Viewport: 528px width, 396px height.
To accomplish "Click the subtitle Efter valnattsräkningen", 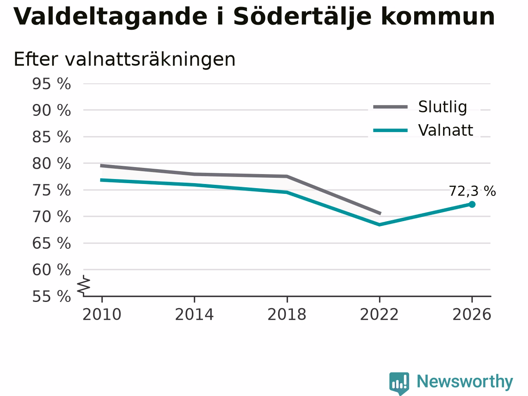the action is coord(125,59).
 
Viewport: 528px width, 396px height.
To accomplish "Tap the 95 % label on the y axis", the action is coord(52,84).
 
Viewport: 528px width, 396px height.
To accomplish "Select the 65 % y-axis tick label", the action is coord(52,243).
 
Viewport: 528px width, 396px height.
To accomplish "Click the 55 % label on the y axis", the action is coord(52,296).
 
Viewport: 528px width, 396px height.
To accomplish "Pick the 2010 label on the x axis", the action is coord(102,314).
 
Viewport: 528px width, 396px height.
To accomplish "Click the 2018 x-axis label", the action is coord(287,314).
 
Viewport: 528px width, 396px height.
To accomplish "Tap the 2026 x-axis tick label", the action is coord(472,314).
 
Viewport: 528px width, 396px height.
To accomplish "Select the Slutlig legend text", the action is coord(443,107).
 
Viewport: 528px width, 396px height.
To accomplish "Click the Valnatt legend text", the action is coord(446,130).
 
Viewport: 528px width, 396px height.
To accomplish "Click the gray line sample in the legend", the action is coord(390,107).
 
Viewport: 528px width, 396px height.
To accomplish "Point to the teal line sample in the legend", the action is coord(390,131).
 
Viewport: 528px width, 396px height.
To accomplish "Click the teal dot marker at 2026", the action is coord(472,204).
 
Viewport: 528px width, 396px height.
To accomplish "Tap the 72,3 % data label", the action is coord(472,191).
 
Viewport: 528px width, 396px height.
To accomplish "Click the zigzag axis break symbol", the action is coord(83,285).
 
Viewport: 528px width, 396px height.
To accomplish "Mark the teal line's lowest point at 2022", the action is coord(379,225).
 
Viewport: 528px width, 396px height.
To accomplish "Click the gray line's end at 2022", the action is coord(381,213).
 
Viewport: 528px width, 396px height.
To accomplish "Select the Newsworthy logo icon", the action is coord(399,383).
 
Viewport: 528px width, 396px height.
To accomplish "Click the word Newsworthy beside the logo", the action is coord(465,382).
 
